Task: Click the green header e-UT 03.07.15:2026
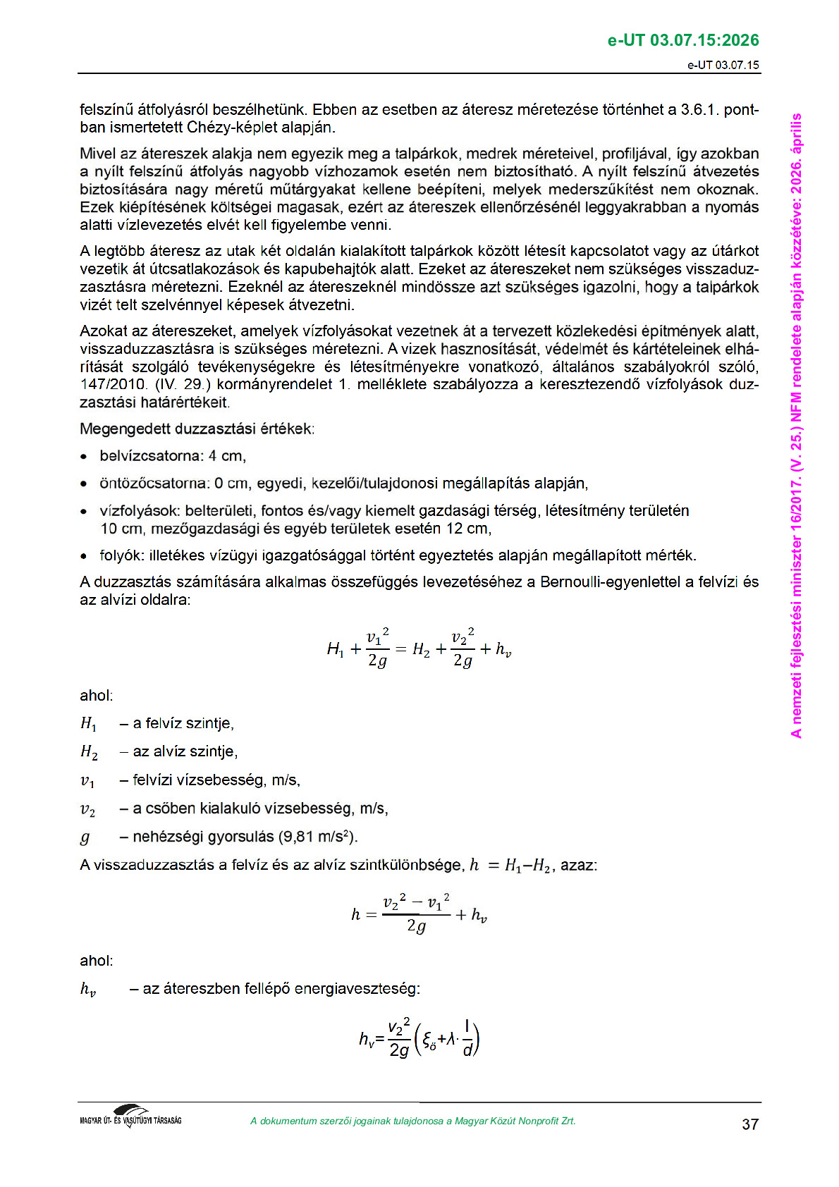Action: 682,40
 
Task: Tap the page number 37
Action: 750,1124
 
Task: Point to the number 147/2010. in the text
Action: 114,385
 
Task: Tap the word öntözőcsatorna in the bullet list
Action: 155,484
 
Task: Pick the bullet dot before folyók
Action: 84,556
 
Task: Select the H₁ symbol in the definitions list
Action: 88,723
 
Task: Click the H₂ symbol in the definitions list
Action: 89,752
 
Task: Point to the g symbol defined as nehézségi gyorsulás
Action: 85,837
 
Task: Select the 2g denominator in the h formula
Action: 416,926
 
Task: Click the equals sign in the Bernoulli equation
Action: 400,649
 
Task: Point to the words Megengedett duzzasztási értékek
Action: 197,429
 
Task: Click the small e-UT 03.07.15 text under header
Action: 723,65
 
